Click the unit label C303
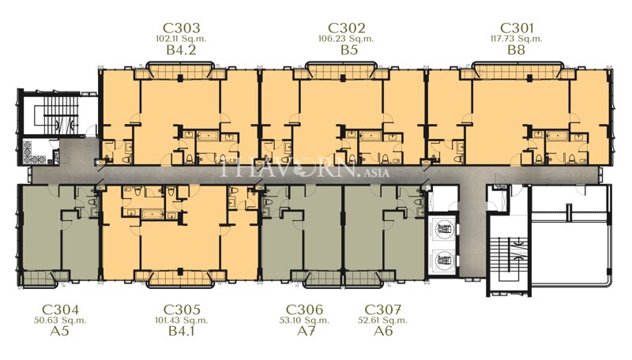point(181,27)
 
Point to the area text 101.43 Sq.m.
point(181,321)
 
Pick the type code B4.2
point(181,51)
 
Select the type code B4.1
point(181,332)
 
